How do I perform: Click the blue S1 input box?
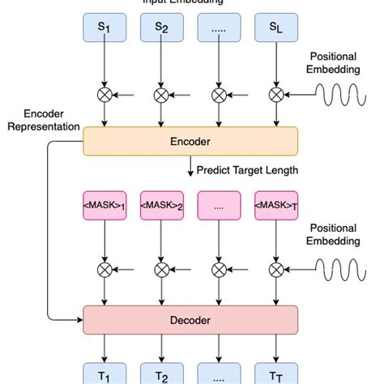pos(105,28)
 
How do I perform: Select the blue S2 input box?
pos(161,28)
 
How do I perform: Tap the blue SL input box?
pos(276,28)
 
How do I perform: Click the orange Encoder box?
pos(190,142)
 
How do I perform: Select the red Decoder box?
pos(190,320)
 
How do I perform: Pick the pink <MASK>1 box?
pos(105,206)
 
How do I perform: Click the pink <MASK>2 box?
pos(161,206)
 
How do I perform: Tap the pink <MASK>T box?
pos(276,206)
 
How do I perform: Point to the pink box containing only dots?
pos(219,206)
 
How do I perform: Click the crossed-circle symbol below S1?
pos(105,95)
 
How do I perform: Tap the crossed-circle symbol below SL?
pos(276,95)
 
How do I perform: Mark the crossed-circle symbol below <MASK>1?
pos(105,270)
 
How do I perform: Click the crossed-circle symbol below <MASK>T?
pos(276,270)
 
